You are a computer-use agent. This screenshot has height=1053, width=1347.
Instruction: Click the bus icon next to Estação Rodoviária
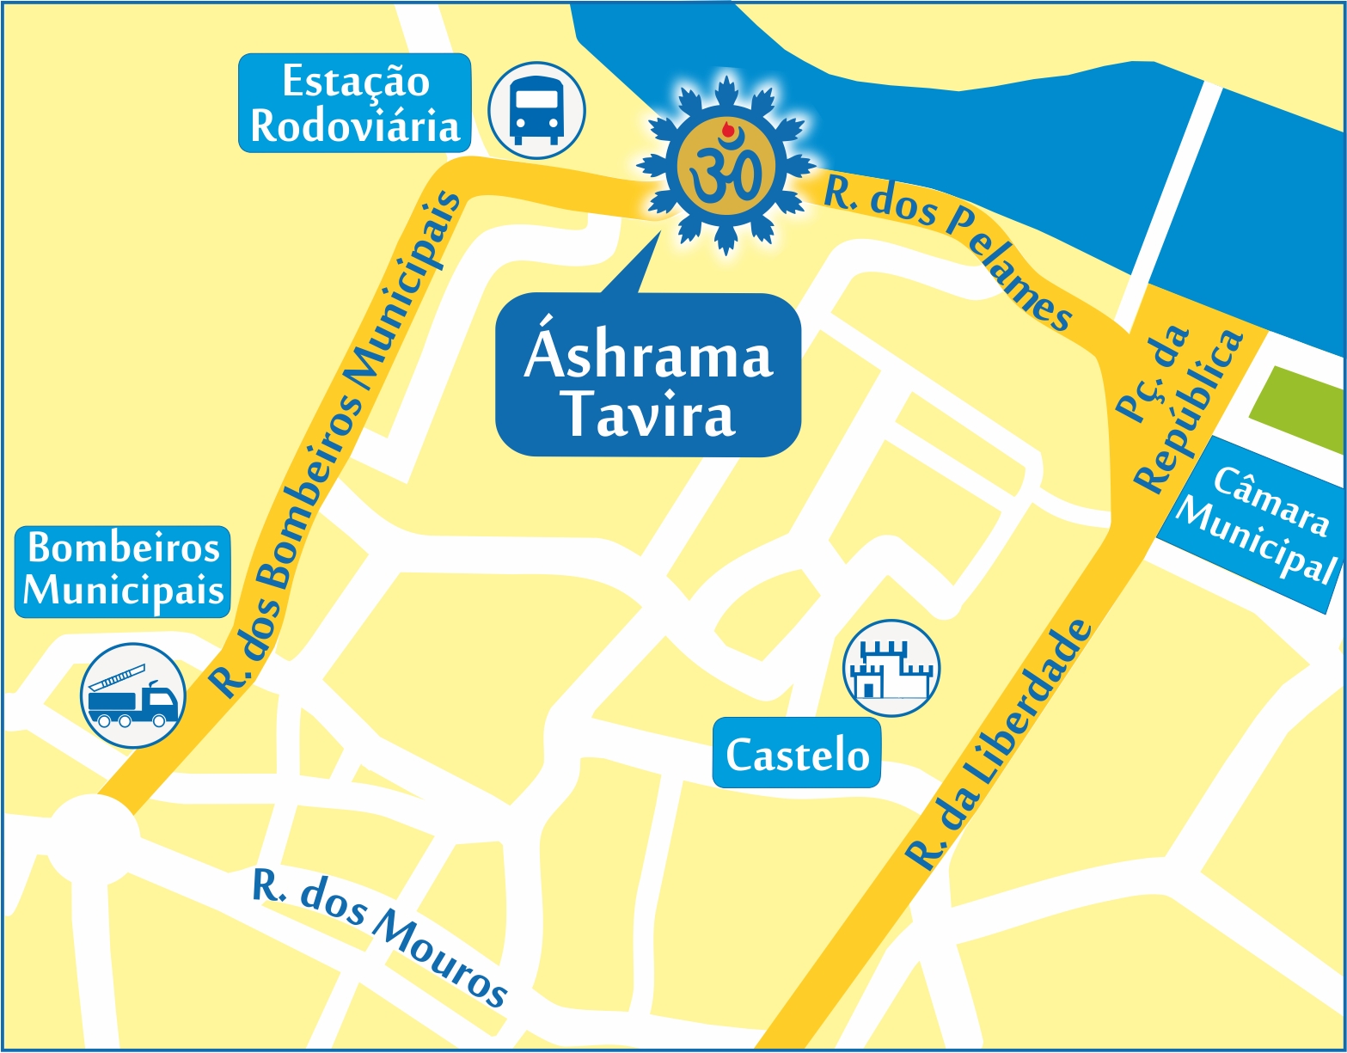pos(536,110)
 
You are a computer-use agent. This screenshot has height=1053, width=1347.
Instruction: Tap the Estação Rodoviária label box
pos(354,103)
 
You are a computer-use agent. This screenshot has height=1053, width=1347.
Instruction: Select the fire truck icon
pos(132,695)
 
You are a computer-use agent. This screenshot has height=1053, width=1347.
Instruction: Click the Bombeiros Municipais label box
pos(123,572)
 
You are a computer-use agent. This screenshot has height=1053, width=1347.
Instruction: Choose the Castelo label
pos(797,754)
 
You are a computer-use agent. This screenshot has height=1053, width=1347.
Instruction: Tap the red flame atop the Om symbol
pos(729,131)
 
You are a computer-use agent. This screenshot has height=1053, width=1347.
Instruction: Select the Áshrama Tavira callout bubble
pos(648,375)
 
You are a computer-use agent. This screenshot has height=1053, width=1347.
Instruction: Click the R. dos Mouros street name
pos(379,939)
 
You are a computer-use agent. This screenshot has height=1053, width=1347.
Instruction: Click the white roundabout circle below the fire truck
pos(92,838)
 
